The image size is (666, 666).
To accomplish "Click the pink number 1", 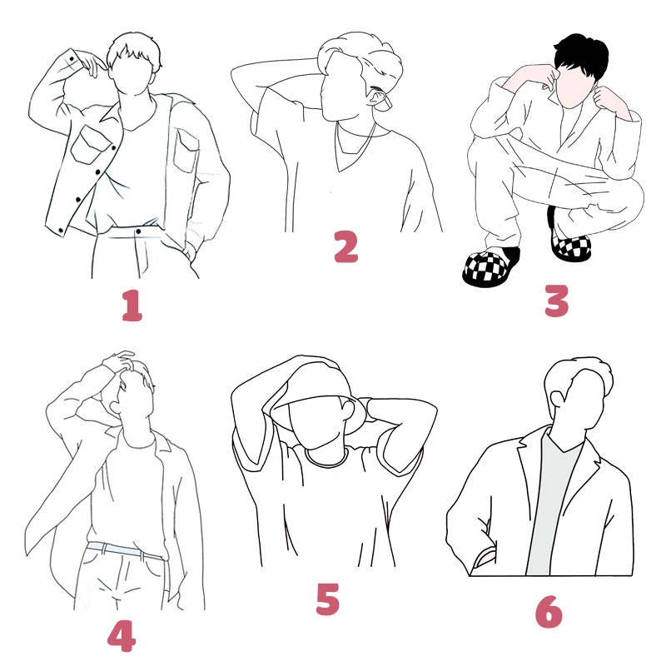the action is coord(132,306).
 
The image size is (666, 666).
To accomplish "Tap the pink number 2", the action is coord(345,246).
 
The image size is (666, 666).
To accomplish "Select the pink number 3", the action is coord(556,301).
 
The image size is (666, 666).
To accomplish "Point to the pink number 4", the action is coord(122,636).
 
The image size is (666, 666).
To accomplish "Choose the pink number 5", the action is coord(328,599).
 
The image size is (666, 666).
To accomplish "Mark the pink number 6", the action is coord(549,612).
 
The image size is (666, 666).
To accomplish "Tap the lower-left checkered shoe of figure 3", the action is coord(491,266).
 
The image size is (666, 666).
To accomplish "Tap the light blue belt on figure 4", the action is coord(124,550).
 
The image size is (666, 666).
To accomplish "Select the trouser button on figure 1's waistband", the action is coord(138,231).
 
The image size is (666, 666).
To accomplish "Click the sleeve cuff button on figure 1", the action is coord(72,58).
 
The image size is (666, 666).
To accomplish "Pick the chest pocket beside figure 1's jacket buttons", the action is coord(90,144).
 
